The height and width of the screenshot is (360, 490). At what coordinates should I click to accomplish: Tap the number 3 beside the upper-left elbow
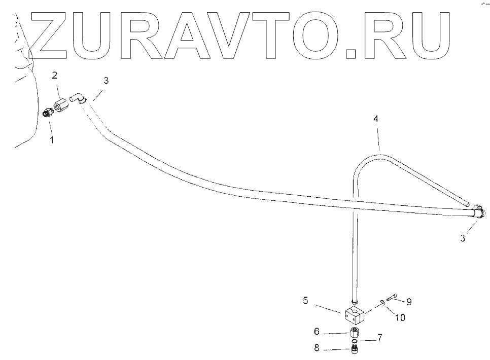[106, 81]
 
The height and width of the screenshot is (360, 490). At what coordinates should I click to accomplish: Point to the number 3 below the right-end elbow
[462, 237]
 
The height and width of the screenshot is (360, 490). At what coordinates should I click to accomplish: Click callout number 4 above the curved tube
[376, 119]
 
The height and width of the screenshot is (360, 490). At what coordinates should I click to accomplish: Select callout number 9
[408, 302]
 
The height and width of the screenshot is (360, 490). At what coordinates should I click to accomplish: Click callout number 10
[400, 318]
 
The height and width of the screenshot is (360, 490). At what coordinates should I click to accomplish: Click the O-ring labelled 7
[355, 341]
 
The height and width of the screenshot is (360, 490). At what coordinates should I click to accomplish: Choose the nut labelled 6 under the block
[355, 333]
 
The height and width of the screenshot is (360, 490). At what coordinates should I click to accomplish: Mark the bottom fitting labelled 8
[355, 349]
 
